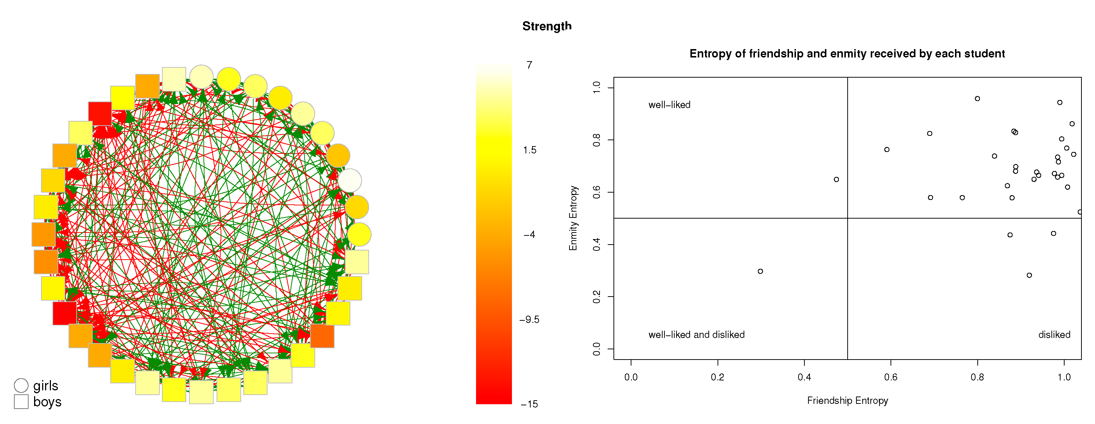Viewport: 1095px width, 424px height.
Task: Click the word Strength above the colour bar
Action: pos(547,26)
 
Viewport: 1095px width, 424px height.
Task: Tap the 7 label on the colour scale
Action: pos(529,65)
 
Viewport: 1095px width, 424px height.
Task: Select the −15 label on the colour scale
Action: pos(529,404)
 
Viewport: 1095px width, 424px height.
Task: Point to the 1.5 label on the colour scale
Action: pos(530,150)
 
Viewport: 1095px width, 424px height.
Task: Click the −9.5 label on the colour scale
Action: pos(529,320)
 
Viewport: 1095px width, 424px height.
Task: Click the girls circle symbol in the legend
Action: pos(21,385)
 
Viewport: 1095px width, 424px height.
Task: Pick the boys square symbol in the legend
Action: pos(21,402)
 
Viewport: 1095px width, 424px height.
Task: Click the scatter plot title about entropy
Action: pos(847,53)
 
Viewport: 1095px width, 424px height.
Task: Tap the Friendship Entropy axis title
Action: pos(847,400)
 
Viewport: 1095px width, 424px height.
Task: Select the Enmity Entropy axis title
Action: pos(573,218)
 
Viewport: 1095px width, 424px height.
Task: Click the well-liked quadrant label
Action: pos(669,104)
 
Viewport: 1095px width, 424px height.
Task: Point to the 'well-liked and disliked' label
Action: pos(696,334)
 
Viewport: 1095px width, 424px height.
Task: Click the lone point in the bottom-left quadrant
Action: pos(760,271)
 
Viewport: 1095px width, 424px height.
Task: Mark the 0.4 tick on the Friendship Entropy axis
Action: pos(804,377)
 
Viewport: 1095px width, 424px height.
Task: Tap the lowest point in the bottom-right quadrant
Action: pos(1029,275)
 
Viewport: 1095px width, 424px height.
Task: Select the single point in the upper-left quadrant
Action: pos(836,179)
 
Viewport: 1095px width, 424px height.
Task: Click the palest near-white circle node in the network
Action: pos(349,181)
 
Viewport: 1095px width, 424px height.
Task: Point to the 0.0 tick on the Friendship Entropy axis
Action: pos(631,377)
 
